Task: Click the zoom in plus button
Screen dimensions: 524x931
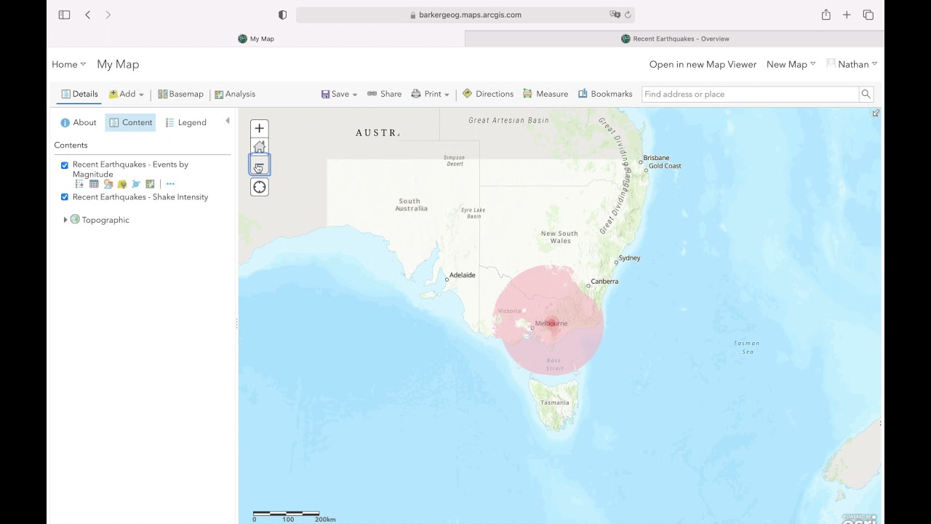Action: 259,129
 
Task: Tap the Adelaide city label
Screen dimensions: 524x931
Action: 462,275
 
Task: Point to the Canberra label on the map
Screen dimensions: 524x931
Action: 604,282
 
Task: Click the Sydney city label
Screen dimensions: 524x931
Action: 629,258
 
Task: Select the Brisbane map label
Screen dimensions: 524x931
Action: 656,158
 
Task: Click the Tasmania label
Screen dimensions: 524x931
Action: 555,402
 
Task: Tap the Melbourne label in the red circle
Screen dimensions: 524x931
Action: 551,323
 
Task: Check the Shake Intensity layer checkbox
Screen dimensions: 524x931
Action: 65,197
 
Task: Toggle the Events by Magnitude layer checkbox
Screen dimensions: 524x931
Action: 65,165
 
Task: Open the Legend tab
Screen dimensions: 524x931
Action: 186,122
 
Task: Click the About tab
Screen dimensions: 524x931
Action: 79,122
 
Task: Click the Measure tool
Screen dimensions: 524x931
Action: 546,94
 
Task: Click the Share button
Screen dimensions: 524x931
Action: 385,94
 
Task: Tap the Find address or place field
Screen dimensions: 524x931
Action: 749,94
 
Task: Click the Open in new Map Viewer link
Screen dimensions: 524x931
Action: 703,64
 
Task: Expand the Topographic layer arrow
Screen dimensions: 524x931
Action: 65,220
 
